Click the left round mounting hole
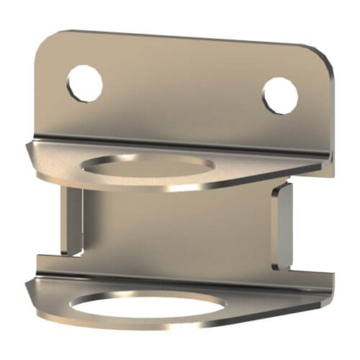pyautogui.click(x=85, y=83)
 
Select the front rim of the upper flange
pyautogui.click(x=144, y=189)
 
